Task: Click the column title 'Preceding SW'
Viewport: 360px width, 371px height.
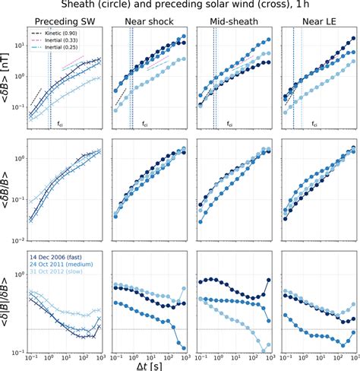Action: coord(65,22)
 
